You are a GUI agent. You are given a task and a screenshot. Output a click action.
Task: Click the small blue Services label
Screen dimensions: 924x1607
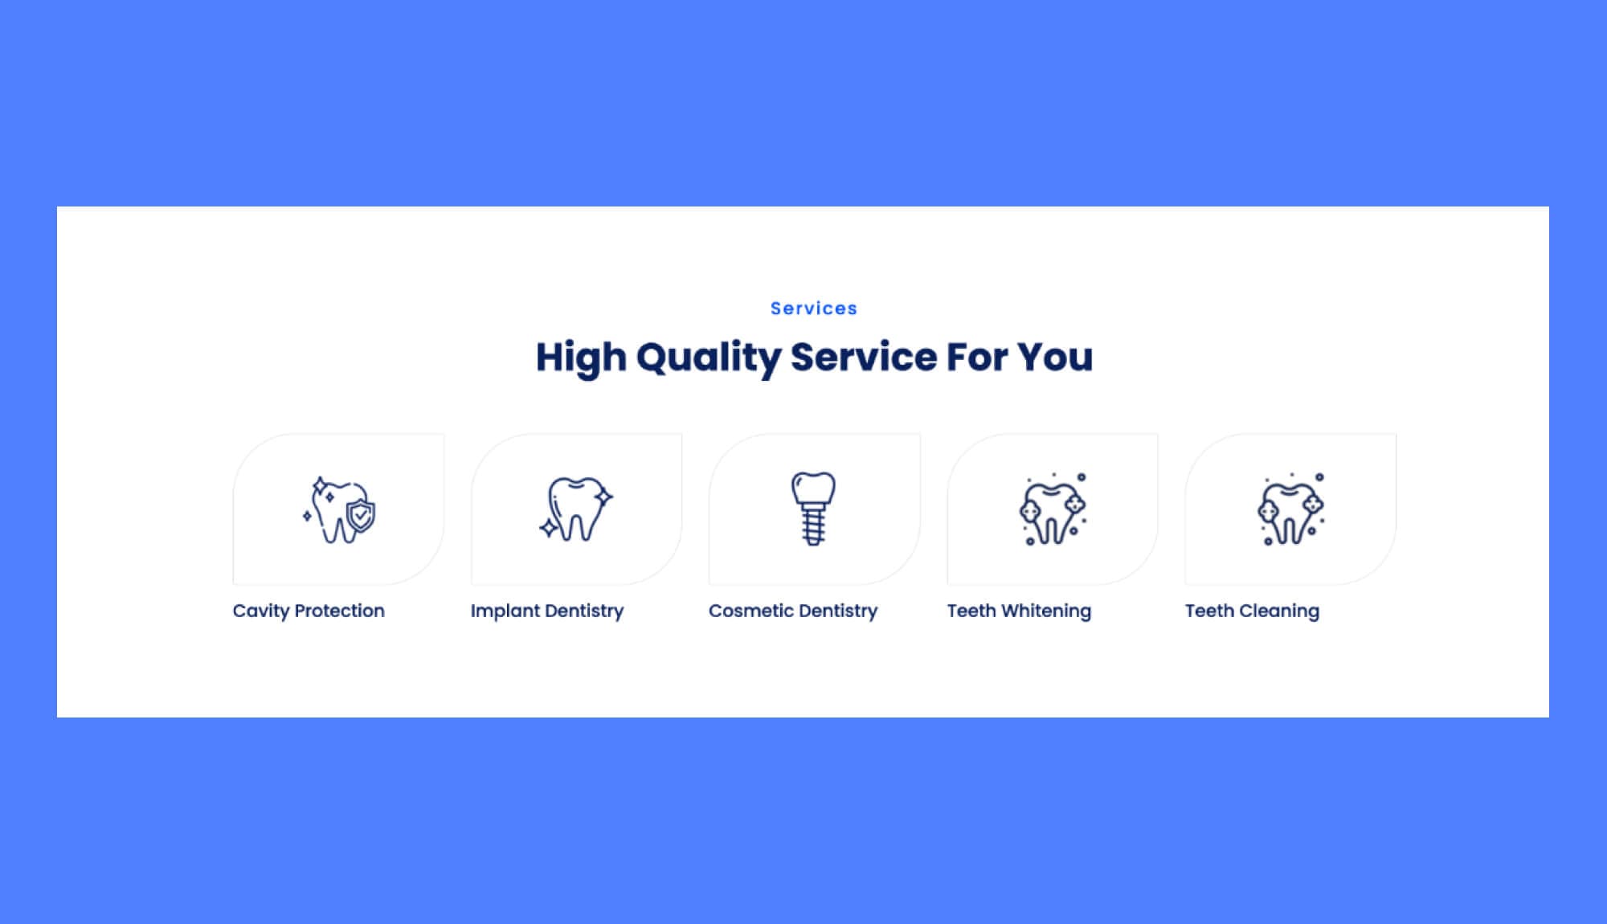coord(813,309)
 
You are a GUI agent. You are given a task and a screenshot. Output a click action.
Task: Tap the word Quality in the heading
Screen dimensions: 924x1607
coord(708,358)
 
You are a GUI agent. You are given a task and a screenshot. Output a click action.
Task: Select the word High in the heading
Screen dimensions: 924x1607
coord(580,358)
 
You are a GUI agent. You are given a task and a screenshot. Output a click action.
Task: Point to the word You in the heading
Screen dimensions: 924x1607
coord(1054,357)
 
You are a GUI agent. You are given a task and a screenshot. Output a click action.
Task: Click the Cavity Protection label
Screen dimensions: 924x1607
coord(309,611)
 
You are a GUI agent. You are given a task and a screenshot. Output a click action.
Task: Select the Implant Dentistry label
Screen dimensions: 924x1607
coord(546,611)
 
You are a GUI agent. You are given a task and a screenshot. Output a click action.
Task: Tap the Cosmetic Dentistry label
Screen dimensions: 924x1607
coord(792,611)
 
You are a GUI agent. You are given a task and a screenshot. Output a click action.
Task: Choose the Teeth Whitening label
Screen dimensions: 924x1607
coord(1019,611)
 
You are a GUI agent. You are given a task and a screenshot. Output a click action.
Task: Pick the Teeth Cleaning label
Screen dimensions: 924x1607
coord(1252,611)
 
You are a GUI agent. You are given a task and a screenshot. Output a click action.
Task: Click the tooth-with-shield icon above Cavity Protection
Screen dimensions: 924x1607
coord(339,509)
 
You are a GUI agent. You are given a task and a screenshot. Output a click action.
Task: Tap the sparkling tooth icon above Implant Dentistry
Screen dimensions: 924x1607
coord(575,509)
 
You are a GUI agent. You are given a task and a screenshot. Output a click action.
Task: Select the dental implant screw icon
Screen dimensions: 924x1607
coord(813,509)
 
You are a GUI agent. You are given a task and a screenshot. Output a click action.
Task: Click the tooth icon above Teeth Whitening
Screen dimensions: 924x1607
coord(1053,509)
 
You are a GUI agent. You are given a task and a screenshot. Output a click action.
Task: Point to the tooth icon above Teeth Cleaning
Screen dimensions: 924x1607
coord(1290,509)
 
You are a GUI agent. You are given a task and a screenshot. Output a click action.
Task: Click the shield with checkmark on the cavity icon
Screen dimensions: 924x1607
coord(361,515)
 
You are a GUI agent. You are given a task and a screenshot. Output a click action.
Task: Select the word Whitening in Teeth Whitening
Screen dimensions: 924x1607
coord(1046,611)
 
